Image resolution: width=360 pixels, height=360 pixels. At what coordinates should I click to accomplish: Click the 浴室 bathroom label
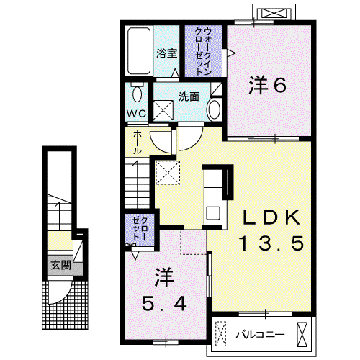tap(167, 53)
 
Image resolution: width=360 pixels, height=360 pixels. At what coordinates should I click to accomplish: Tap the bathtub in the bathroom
tap(139, 51)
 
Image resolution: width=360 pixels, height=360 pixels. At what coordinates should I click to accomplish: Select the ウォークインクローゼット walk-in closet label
tap(204, 52)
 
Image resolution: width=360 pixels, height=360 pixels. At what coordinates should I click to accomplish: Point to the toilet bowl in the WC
tap(137, 93)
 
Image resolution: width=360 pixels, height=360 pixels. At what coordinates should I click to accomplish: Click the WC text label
tap(137, 114)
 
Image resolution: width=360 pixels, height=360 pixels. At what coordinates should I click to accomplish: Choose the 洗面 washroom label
tap(189, 96)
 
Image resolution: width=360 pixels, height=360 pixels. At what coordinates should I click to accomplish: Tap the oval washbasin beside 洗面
tap(215, 109)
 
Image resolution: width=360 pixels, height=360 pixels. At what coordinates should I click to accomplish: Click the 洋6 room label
tap(268, 84)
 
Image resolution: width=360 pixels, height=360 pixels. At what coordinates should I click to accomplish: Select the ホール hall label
tap(138, 143)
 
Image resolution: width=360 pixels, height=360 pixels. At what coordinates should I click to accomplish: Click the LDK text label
tap(271, 217)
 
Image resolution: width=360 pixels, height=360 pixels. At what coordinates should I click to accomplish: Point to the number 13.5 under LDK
tap(272, 243)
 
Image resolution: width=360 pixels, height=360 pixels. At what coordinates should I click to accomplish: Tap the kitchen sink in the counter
tap(212, 212)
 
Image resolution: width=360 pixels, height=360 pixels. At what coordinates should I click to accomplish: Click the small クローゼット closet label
tap(140, 228)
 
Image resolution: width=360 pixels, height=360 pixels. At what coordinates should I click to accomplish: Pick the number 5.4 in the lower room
tap(164, 303)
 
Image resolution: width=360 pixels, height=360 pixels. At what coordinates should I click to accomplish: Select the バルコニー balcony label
tap(260, 334)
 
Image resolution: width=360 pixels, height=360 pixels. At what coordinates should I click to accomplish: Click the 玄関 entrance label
tap(60, 265)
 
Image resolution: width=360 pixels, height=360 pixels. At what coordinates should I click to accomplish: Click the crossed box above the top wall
tap(274, 13)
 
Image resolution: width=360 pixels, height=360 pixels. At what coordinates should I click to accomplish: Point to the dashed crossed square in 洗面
tap(163, 110)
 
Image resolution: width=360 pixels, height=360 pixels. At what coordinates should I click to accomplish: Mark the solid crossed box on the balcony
tap(302, 334)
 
